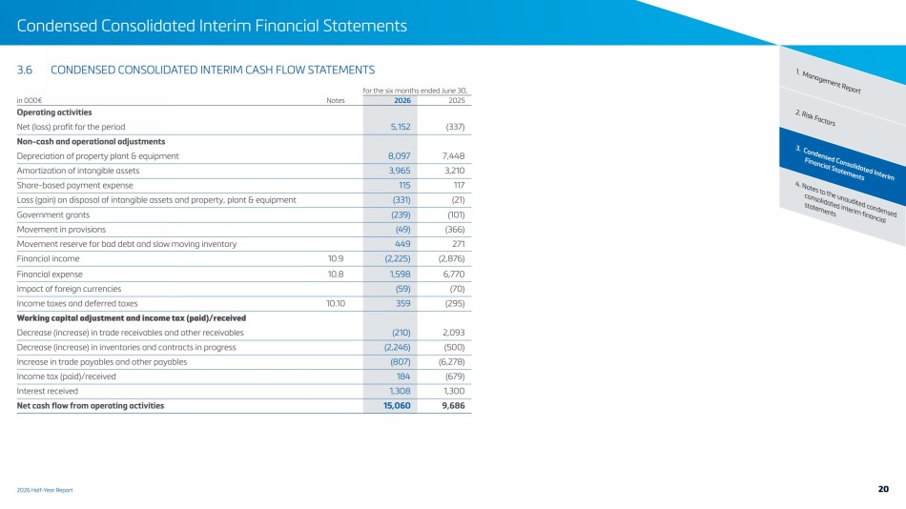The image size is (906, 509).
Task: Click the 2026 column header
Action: pos(402,100)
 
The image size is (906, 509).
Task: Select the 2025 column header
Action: pos(457,100)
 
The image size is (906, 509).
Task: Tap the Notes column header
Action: pos(335,100)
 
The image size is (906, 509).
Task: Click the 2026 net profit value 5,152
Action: pos(401,127)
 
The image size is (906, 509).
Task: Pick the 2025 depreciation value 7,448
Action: pos(453,156)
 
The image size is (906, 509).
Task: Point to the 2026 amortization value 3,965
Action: pos(400,171)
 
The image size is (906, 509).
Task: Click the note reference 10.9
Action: pos(336,259)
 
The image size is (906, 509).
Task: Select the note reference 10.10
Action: pos(336,303)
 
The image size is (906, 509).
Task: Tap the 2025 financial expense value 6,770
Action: pos(454,274)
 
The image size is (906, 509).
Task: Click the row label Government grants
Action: pos(53,214)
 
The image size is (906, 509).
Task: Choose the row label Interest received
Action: pos(48,391)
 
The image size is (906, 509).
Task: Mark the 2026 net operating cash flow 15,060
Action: pos(397,406)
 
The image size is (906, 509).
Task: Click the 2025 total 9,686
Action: pos(454,406)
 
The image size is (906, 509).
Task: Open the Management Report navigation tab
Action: pos(828,81)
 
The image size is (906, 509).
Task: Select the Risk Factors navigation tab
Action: pos(815,118)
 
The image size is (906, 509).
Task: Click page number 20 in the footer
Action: pos(883,489)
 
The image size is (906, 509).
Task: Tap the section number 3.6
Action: pos(24,70)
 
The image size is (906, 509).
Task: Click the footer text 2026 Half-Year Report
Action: pos(45,490)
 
